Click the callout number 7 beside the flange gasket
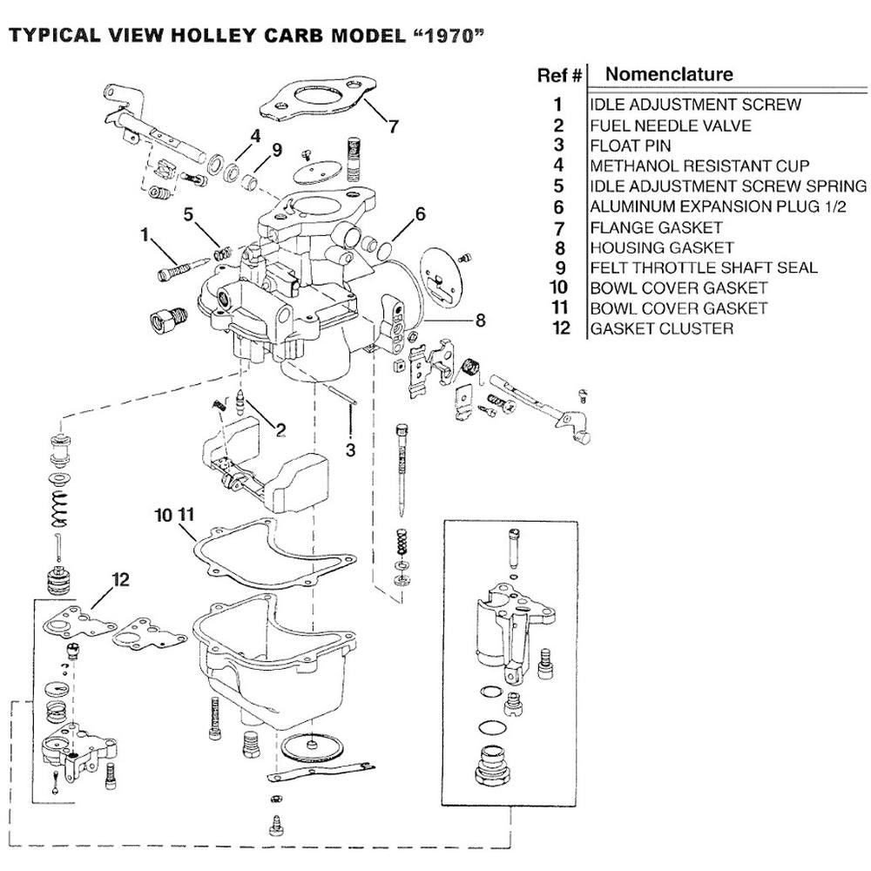point(393,126)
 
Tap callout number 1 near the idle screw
point(145,233)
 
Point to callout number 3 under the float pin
point(350,450)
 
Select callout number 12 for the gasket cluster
point(120,579)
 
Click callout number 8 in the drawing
point(480,320)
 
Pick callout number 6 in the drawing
point(421,213)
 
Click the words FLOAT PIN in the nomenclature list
point(631,145)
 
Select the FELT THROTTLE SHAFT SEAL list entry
point(704,267)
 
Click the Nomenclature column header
point(669,74)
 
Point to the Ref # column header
point(558,76)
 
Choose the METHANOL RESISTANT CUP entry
point(699,165)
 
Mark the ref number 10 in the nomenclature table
point(559,287)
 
